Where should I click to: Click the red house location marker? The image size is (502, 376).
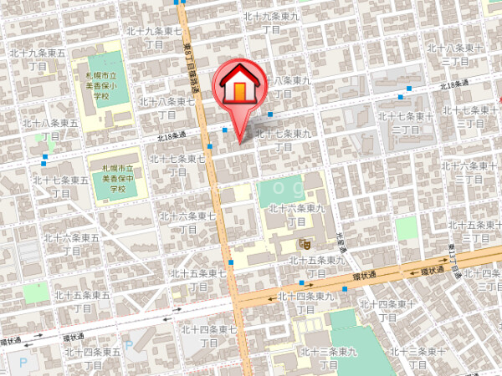tap(239, 88)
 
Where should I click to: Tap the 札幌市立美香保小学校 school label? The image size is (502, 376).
tap(100, 85)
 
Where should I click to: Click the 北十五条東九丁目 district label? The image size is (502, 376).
tap(317, 267)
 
